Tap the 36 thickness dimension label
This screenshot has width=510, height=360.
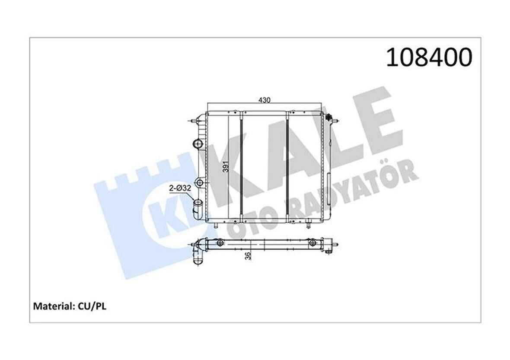(x=247, y=256)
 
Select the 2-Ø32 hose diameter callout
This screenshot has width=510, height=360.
(x=178, y=188)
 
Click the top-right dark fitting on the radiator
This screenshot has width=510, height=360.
(x=330, y=118)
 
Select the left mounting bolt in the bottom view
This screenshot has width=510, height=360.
(x=220, y=244)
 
